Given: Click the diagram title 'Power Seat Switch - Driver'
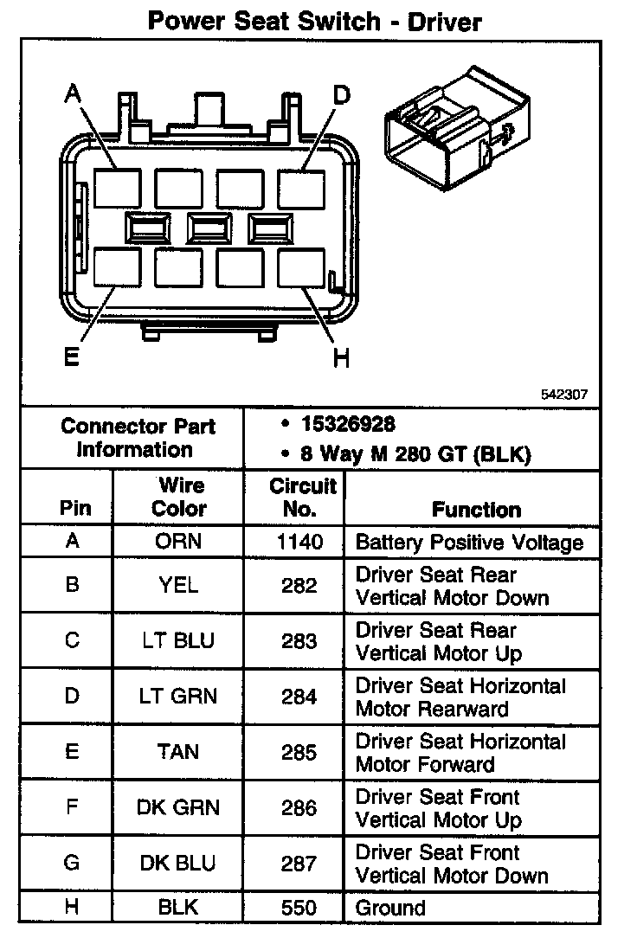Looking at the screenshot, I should coord(314,20).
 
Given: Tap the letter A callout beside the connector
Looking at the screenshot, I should coord(74,94).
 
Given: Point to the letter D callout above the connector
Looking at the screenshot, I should coord(341,94).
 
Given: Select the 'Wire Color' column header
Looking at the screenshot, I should coord(179,497).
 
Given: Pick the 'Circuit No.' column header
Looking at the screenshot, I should coord(299,498).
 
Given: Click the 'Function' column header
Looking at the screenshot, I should coord(477,510).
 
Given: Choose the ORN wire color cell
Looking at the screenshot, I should coord(179,543).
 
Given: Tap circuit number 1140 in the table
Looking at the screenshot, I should coord(299,543).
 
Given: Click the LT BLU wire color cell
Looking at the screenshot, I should coord(179,641).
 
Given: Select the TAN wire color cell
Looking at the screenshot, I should coord(179,752).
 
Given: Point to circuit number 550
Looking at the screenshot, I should coord(299,908).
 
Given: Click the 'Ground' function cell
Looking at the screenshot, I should coord(391,908).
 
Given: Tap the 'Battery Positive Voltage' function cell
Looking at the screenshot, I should coord(469,543).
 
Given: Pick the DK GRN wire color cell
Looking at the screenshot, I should coord(179,807).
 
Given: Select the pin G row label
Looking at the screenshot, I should coord(73,863).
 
